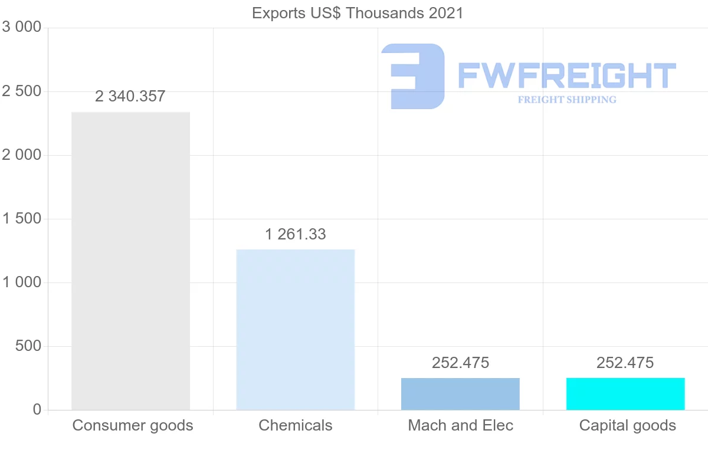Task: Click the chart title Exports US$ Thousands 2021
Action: click(x=358, y=13)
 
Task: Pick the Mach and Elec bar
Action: click(x=460, y=394)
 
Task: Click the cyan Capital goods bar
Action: click(x=625, y=394)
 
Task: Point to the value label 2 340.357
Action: click(x=130, y=97)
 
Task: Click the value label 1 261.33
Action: click(x=295, y=234)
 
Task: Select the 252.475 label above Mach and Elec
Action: click(x=460, y=363)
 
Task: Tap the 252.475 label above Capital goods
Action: click(x=625, y=363)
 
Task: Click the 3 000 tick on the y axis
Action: click(x=22, y=28)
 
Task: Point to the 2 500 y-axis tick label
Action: click(x=22, y=91)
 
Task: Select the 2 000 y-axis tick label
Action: click(x=22, y=155)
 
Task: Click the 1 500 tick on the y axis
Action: click(x=22, y=219)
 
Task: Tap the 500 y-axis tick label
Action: click(x=28, y=346)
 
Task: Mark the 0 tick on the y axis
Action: click(x=37, y=410)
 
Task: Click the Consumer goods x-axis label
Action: click(x=133, y=425)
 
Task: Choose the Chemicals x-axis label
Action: click(x=295, y=425)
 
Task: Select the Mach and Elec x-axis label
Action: click(x=460, y=425)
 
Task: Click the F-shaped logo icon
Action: click(x=412, y=76)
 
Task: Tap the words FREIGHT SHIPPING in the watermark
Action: click(x=567, y=100)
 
